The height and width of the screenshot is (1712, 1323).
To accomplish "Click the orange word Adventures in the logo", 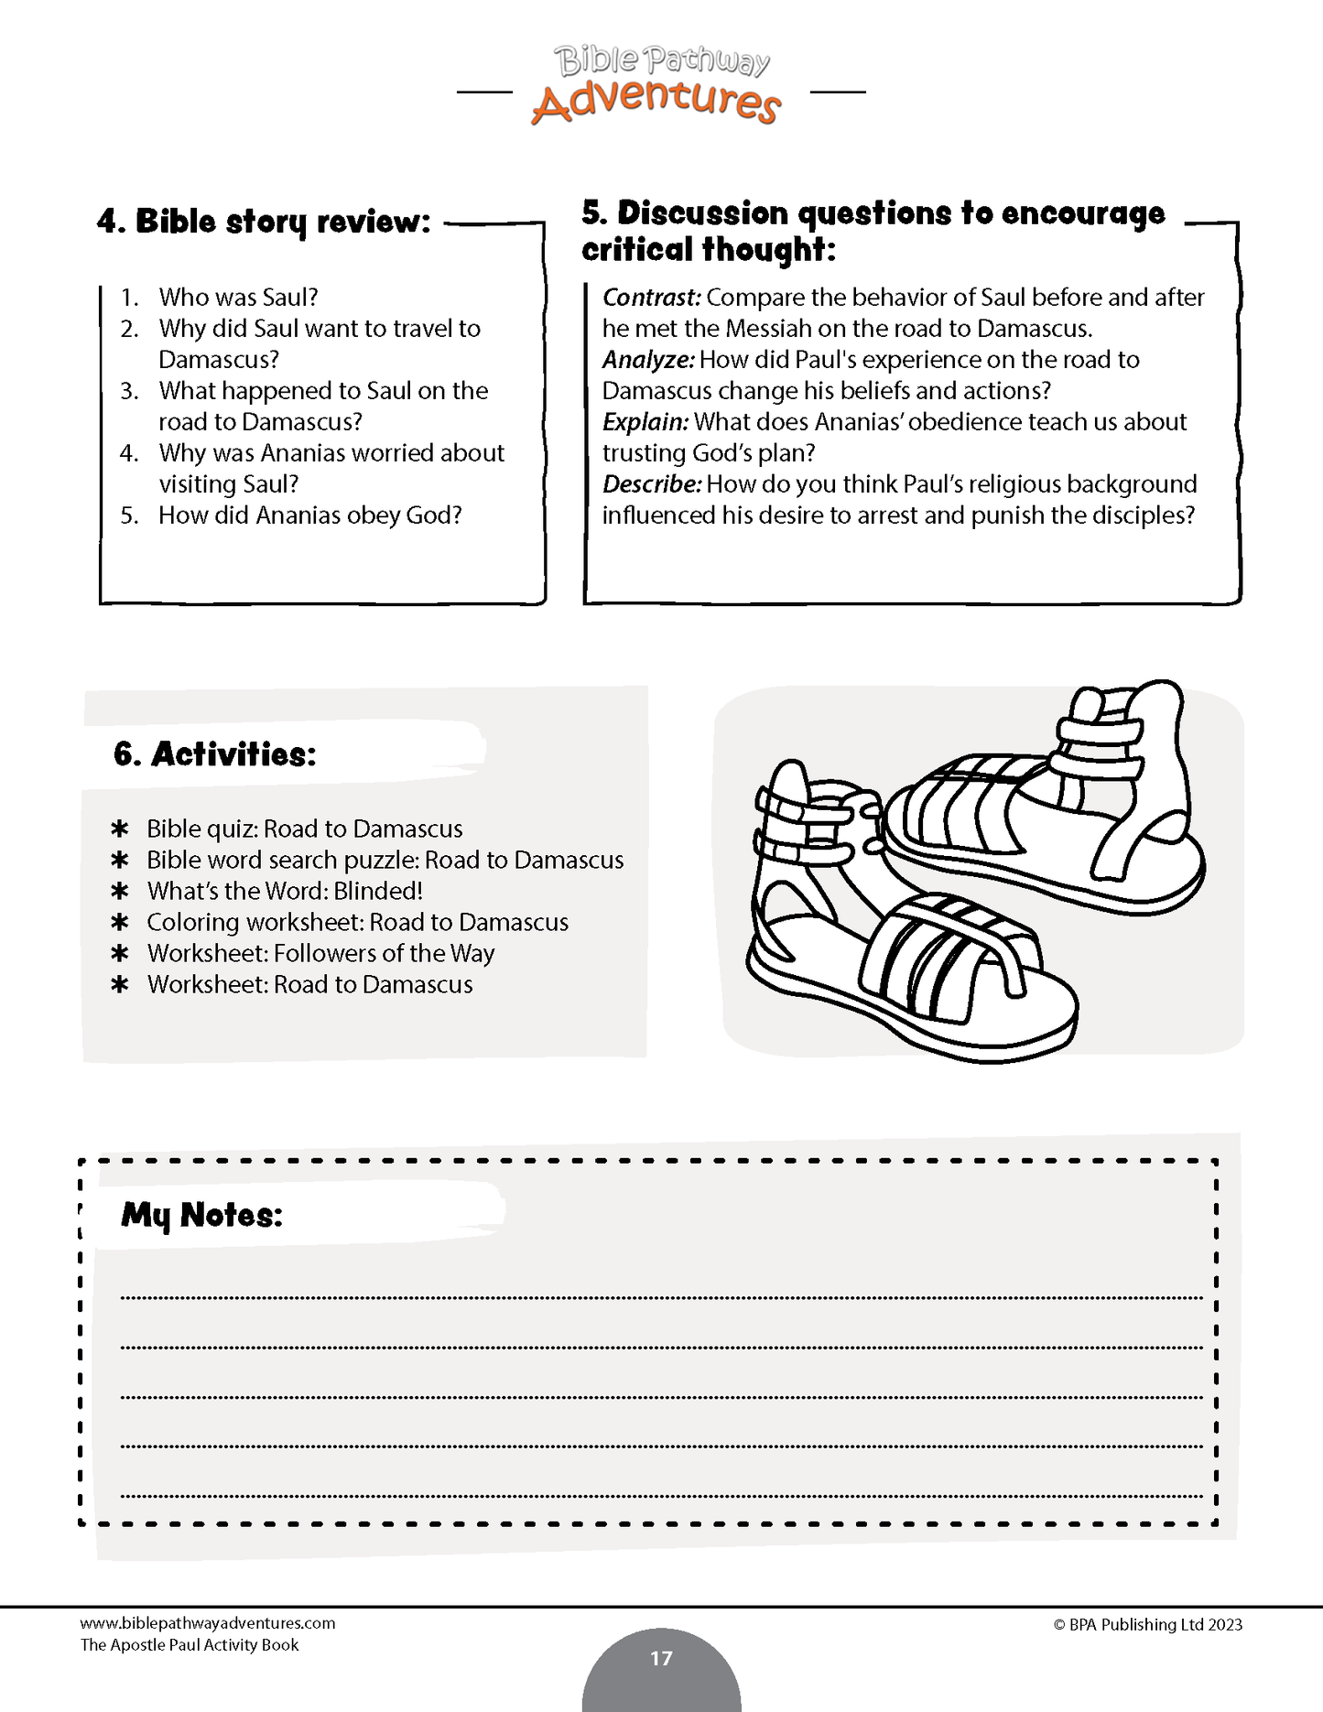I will pos(656,102).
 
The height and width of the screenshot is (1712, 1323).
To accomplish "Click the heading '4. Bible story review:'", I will pos(264,222).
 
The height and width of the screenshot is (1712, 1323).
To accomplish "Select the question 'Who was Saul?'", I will pos(238,298).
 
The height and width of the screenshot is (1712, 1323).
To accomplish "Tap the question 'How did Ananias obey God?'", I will pos(309,515).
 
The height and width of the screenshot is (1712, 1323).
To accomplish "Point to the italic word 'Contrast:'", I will pos(651,298).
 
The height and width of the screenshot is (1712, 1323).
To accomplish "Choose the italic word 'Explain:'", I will pos(645,422).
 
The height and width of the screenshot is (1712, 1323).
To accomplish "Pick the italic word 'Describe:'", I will pos(651,484).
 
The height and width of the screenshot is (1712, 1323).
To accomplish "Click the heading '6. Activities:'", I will pos(215,754).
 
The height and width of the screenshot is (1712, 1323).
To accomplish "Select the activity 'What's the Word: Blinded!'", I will pos(285,891).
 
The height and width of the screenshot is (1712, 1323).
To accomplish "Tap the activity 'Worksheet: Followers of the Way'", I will pos(320,953).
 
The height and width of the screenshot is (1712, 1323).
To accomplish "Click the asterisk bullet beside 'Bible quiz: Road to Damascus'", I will pos(119,829).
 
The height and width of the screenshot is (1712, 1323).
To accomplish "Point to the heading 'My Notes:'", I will pos(201,1215).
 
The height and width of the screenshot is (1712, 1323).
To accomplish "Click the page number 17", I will pos(661,1658).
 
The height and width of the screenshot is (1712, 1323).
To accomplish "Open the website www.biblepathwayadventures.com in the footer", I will pos(208,1623).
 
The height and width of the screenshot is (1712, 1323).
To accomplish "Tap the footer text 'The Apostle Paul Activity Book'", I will pos(190,1645).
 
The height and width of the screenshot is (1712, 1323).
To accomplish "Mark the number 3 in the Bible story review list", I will pos(129,391).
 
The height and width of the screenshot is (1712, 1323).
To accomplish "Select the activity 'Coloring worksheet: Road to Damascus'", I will pos(357,922).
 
